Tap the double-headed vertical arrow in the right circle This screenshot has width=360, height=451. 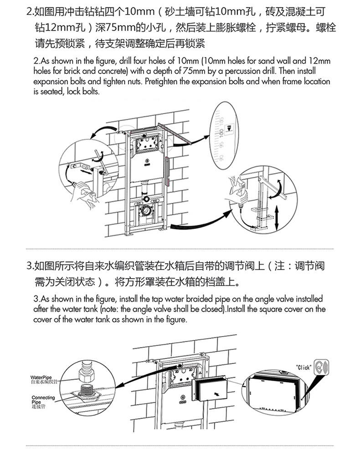[277, 219]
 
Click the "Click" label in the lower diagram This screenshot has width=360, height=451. [303, 367]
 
